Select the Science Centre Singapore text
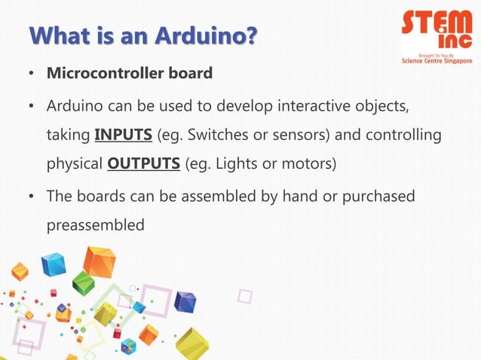pyautogui.click(x=437, y=60)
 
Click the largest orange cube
pyautogui.click(x=100, y=261)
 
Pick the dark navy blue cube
pyautogui.click(x=185, y=301)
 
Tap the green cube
pyautogui.click(x=84, y=283)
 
